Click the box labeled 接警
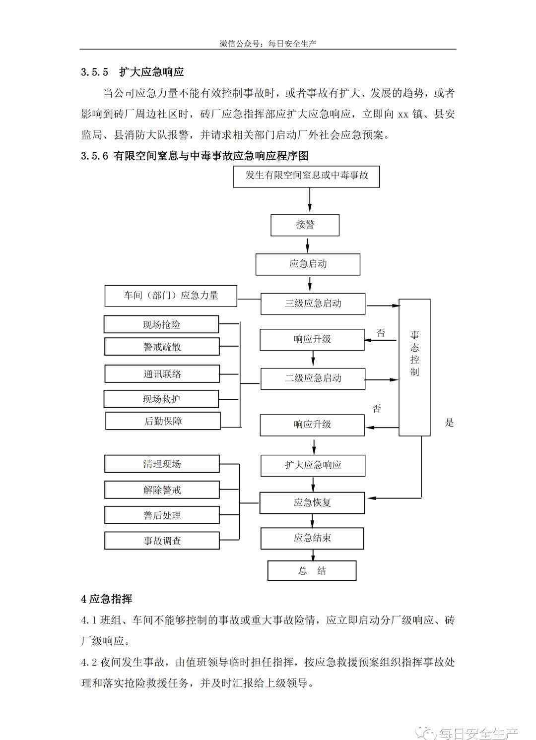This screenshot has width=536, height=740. coord(305,225)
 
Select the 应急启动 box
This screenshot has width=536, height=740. coord(308,264)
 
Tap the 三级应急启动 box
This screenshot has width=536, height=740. coord(313,304)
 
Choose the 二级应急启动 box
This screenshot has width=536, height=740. coord(313,378)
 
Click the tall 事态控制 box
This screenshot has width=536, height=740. coord(414,368)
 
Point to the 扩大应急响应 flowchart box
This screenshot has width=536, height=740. coord(313,465)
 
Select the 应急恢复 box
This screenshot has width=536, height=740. coord(312,503)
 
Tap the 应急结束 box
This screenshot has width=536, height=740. coord(312,538)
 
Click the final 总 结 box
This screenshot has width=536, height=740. coord(312,570)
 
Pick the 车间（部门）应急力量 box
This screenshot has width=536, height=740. coord(171,296)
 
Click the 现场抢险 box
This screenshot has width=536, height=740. coord(161,324)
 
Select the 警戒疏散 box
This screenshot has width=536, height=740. coord(162,347)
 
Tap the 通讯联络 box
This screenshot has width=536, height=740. coord(162,373)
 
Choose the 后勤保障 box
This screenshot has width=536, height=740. coord(163,421)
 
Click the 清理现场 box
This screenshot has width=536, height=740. coord(162,464)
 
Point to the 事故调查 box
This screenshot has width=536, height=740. coord(162,541)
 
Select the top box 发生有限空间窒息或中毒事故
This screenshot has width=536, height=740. coord(307,177)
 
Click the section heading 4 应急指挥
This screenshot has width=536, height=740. coord(107,599)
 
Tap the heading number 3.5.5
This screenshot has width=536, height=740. coord(95,72)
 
